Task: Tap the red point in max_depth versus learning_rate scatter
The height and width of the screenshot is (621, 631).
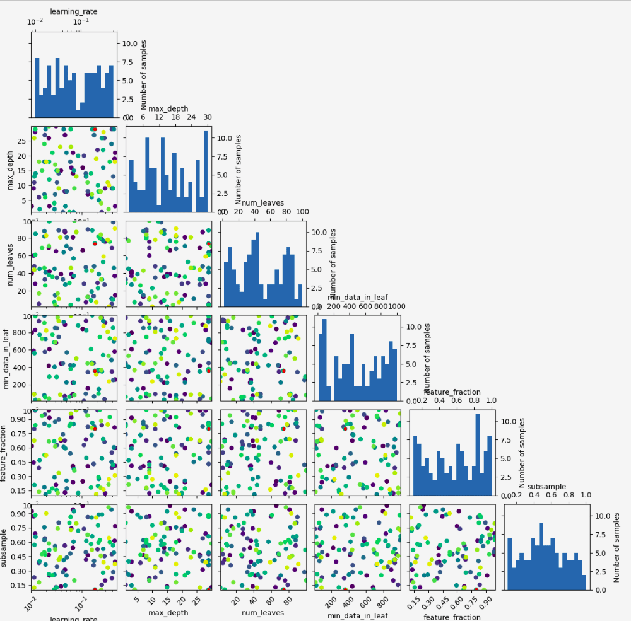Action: (94, 129)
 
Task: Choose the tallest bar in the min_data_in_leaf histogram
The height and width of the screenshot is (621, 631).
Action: (324, 360)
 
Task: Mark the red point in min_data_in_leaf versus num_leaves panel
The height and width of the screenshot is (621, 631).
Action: (284, 371)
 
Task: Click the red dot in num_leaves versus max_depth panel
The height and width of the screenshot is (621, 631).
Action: (208, 243)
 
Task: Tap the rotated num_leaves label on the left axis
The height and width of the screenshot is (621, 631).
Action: (11, 264)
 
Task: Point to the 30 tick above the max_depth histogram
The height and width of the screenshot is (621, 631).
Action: (208, 117)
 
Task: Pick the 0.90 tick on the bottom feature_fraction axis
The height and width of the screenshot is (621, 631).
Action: (484, 601)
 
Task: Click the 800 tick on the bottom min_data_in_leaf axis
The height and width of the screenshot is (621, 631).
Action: (381, 601)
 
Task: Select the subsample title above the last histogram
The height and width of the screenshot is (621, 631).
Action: (546, 487)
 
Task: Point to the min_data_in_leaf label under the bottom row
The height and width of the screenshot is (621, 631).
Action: (357, 614)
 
